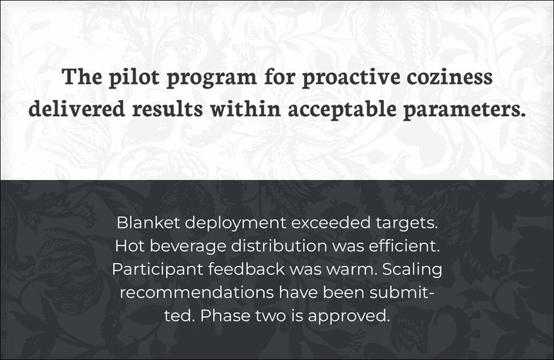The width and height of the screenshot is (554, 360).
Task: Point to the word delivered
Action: click(77, 108)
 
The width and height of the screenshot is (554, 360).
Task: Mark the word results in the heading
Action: click(168, 108)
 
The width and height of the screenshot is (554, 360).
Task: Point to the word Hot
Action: click(130, 246)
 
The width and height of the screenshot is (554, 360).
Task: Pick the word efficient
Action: click(405, 246)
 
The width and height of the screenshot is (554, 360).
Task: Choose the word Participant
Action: click(157, 270)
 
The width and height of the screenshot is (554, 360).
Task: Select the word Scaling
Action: click(412, 270)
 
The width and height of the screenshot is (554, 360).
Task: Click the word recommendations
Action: click(196, 292)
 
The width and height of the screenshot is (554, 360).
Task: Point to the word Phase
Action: click(225, 315)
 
